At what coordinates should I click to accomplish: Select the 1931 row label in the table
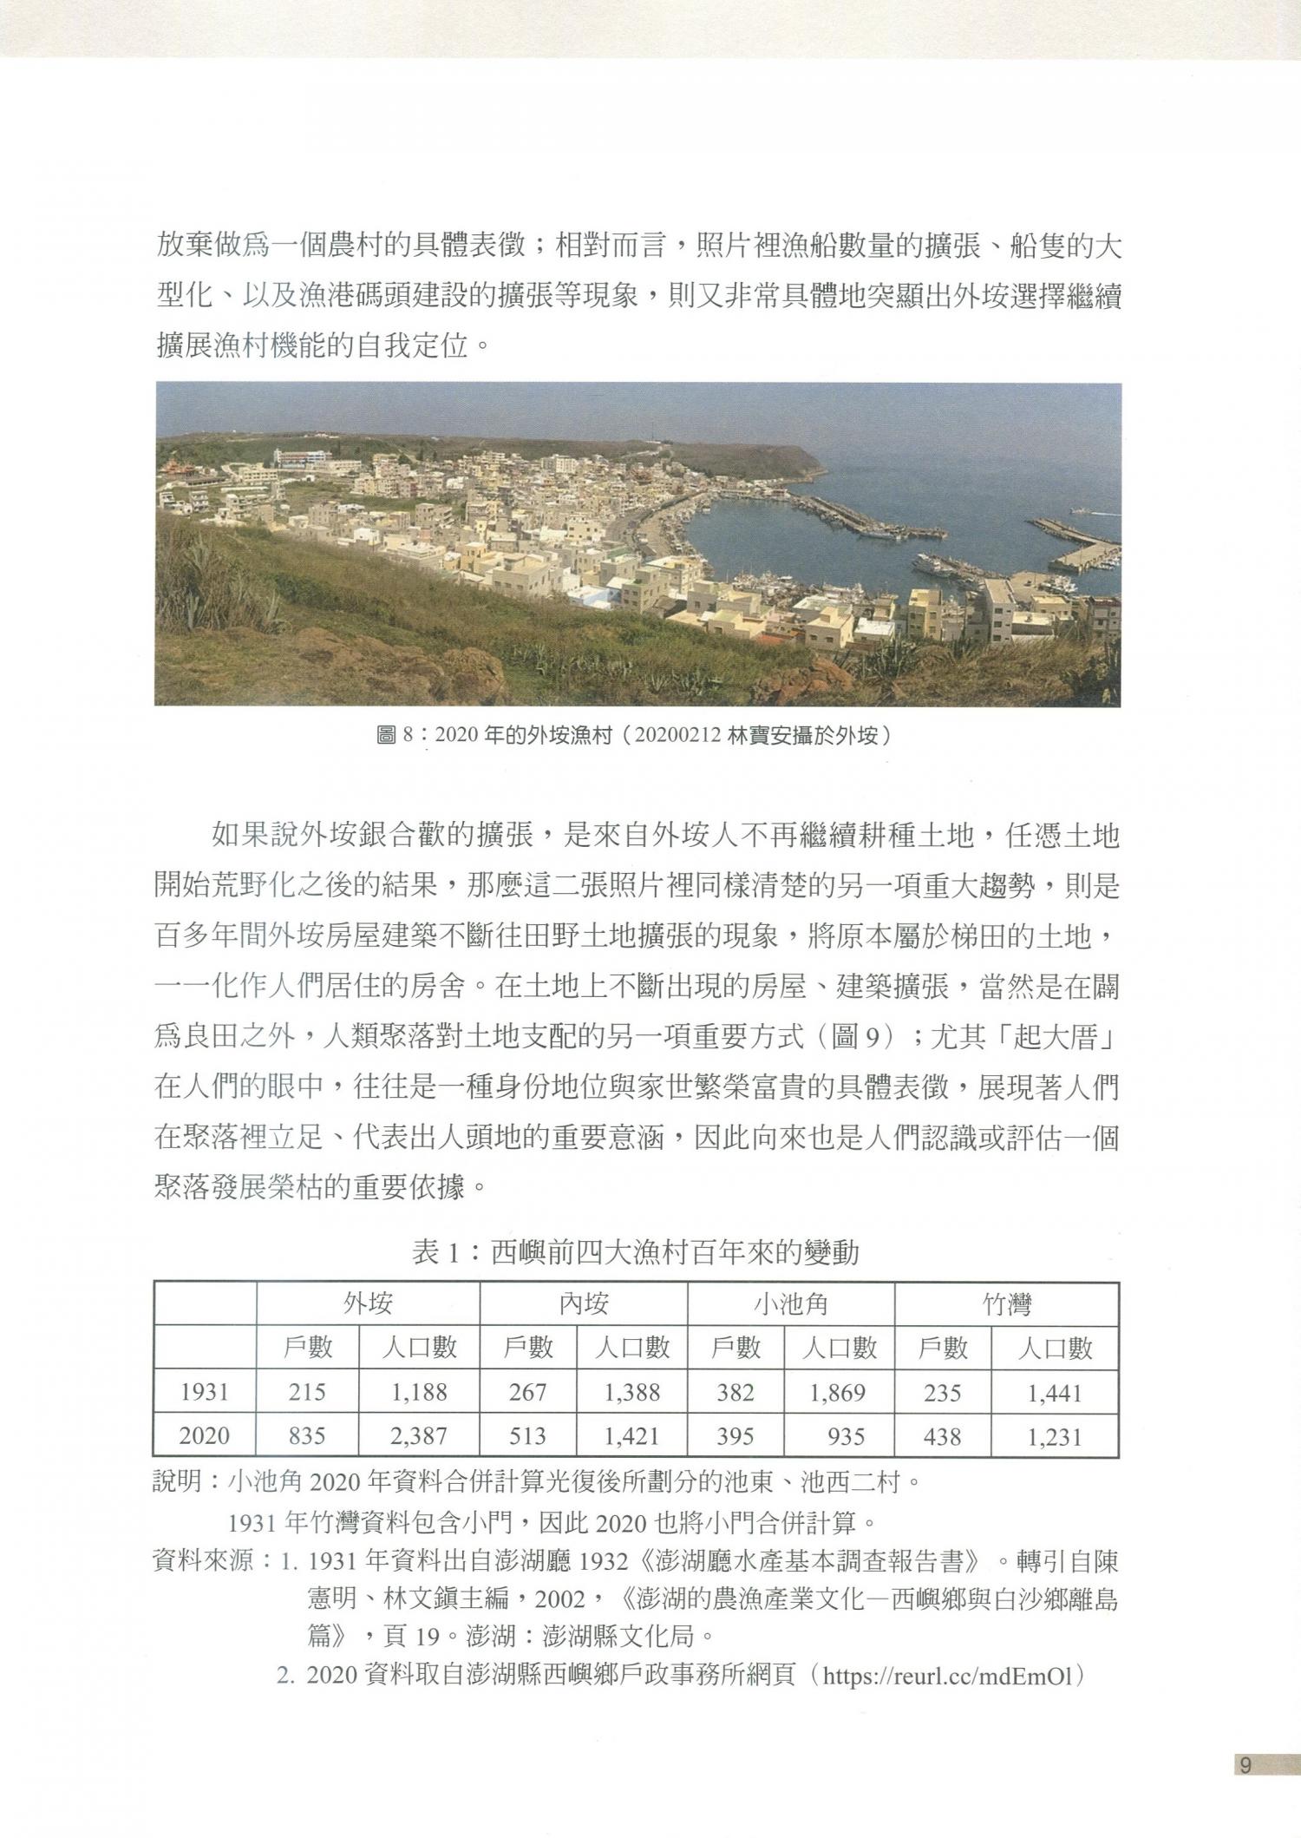pos(205,1392)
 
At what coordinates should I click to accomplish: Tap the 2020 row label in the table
pos(205,1435)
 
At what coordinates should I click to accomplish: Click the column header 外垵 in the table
pos(368,1303)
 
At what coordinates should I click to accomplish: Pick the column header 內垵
pos(583,1303)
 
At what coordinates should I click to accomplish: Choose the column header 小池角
pos(790,1303)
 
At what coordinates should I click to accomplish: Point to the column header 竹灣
pos(1006,1303)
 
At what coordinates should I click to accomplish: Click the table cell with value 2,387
pos(418,1435)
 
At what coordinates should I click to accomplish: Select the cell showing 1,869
pos(837,1392)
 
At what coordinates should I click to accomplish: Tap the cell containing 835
pos(307,1435)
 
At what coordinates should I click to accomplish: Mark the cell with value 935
pos(846,1435)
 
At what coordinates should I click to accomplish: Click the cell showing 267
pos(527,1392)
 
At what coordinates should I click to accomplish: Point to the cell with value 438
pos(942,1435)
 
